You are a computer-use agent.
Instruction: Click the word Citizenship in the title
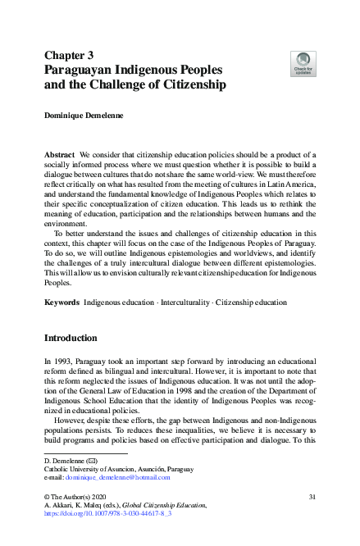click(185, 85)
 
